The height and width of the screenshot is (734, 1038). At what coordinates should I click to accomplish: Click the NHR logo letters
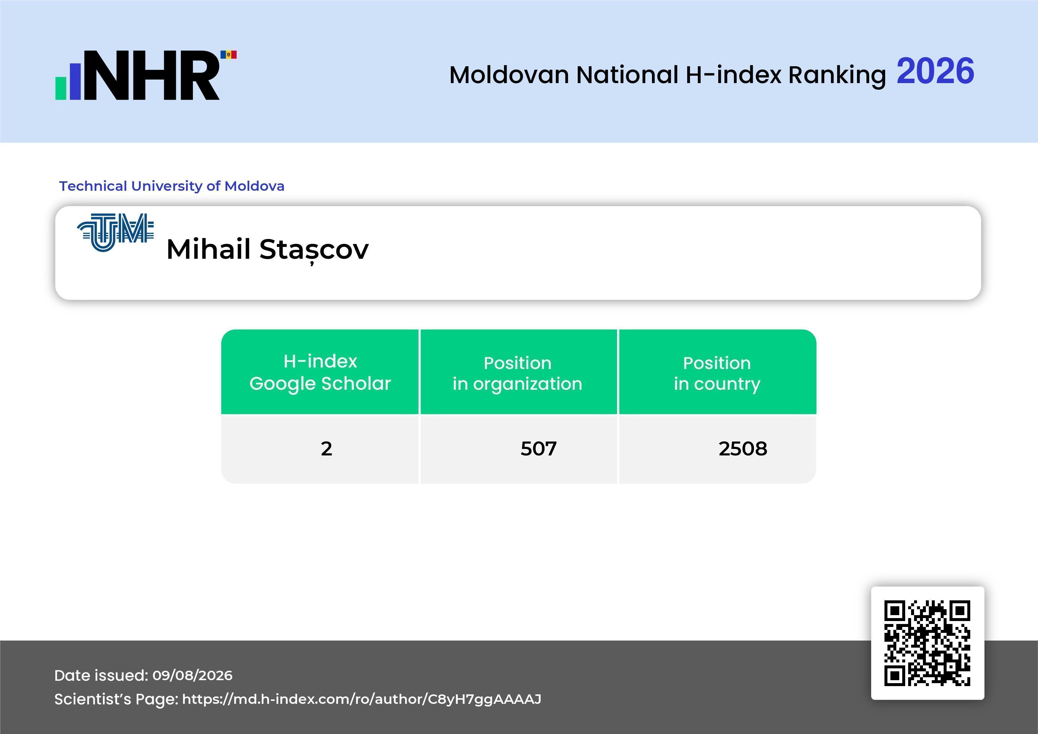pos(151,75)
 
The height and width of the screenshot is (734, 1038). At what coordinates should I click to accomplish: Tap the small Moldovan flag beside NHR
pos(228,55)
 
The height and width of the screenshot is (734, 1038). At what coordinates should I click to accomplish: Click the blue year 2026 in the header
pos(935,71)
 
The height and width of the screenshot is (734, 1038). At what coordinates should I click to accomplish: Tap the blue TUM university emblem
pos(116,232)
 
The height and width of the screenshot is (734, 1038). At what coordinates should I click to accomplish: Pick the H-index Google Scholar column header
pos(320,372)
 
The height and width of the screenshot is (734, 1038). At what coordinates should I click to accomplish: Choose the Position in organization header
pos(518,373)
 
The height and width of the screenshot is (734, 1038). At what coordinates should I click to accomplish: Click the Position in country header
pos(717,373)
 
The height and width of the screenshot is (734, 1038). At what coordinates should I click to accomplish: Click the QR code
pos(927,643)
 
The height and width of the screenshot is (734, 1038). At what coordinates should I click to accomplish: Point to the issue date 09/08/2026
pos(193,675)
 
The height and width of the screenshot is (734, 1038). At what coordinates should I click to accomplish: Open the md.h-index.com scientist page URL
pos(362,699)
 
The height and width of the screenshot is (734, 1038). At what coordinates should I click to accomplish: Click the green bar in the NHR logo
pos(61,88)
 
